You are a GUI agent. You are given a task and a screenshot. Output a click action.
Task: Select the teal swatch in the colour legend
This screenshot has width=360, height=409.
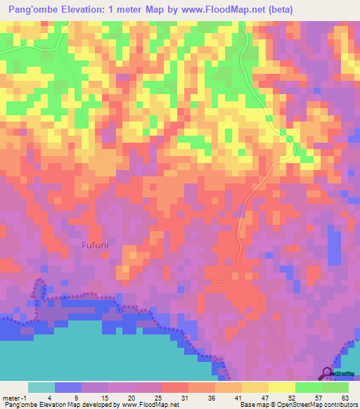41,387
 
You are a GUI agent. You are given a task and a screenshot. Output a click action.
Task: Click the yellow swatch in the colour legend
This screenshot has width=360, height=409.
281,387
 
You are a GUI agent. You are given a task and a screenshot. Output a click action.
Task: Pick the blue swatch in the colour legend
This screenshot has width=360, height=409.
68,387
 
